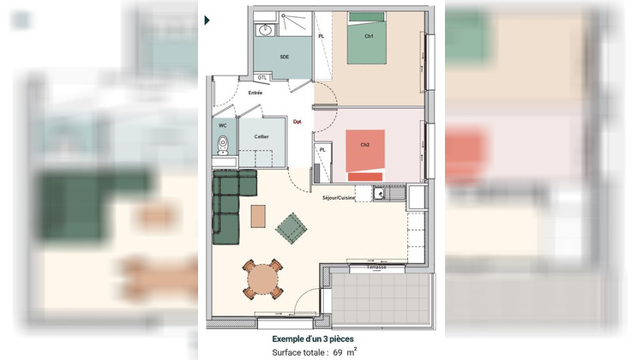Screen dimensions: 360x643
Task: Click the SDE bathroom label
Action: [x=284, y=57]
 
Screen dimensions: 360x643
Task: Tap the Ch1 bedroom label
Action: [x=369, y=36]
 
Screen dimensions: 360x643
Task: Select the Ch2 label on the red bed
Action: [x=365, y=145]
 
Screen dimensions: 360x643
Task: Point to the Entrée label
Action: [x=255, y=92]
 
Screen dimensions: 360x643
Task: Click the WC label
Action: [x=222, y=125]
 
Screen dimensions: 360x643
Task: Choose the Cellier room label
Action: [x=261, y=136]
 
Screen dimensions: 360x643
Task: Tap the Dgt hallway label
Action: [x=297, y=121]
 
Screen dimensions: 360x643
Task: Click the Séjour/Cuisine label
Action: [x=339, y=198]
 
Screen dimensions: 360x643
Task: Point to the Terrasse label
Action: [x=376, y=267]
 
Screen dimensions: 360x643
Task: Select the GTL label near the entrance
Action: [x=262, y=77]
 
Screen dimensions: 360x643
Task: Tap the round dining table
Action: [x=261, y=278]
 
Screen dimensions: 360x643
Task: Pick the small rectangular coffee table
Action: [x=258, y=215]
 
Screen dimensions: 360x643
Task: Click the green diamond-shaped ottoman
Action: [x=291, y=226]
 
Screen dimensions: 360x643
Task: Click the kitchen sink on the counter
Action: [x=379, y=194]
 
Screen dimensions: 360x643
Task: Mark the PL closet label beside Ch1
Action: [x=321, y=37]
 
